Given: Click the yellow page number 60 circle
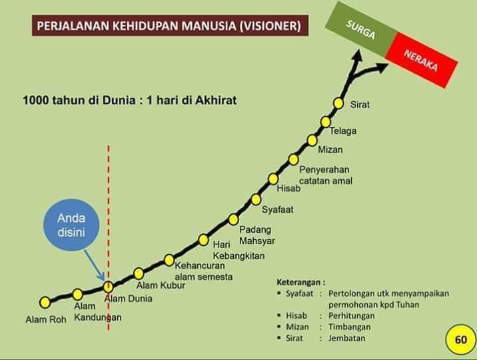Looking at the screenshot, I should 460,339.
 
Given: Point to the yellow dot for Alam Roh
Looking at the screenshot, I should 45,302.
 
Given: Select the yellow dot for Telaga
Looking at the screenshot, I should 326,121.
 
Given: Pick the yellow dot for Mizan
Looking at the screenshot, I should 312,140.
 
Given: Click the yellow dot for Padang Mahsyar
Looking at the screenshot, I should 233,219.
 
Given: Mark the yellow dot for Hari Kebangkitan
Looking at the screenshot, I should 204,239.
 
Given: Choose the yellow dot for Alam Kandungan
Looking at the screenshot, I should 77,294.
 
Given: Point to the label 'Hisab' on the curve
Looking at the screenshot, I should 288,189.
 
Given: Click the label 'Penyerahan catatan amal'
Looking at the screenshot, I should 325,175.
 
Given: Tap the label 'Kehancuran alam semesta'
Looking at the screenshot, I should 203,270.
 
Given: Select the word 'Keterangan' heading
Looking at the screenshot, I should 300,281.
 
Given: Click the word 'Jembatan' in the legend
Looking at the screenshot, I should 346,338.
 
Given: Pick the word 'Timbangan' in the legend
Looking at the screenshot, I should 348,327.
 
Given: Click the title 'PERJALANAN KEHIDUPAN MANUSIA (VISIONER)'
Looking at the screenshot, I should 169,26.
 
